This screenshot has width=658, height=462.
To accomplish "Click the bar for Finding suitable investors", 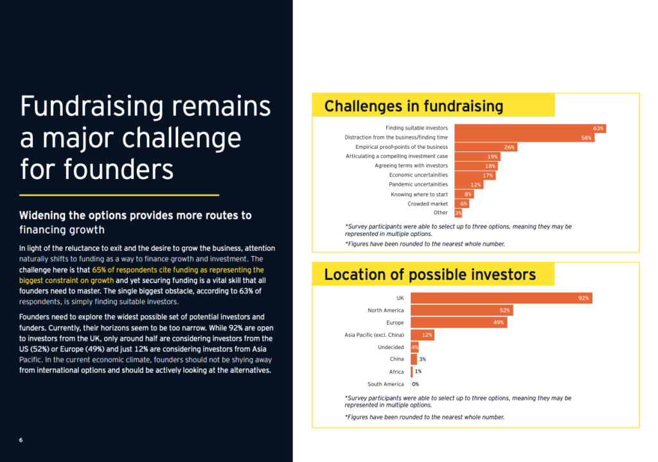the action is point(530,128).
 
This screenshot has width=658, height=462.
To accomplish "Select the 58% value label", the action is point(586,138).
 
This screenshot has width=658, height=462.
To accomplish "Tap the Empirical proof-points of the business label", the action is point(402,147).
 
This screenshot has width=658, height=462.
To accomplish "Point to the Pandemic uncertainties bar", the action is point(468,184).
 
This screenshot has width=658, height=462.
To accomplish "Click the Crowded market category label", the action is point(427,204).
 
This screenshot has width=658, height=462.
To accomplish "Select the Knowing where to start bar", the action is point(464,194).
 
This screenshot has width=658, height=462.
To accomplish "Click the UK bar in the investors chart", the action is point(501,298).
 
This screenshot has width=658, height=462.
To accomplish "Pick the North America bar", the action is point(462,310).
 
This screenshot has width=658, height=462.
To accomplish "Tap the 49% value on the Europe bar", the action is point(499,322).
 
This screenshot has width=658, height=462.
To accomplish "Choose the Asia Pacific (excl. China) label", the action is point(375,335).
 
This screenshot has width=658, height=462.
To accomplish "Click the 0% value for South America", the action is point(416,384).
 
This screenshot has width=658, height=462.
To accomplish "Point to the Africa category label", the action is point(396,372).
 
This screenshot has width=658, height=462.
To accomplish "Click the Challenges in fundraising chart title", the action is point(414,106).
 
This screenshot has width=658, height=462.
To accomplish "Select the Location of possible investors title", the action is point(430,275).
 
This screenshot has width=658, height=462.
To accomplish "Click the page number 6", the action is point(21,440).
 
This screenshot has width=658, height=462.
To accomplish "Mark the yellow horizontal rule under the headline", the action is point(119,195).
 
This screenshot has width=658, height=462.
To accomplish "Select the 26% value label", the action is point(509,147).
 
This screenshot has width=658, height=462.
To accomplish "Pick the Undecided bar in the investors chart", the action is point(414,347).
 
